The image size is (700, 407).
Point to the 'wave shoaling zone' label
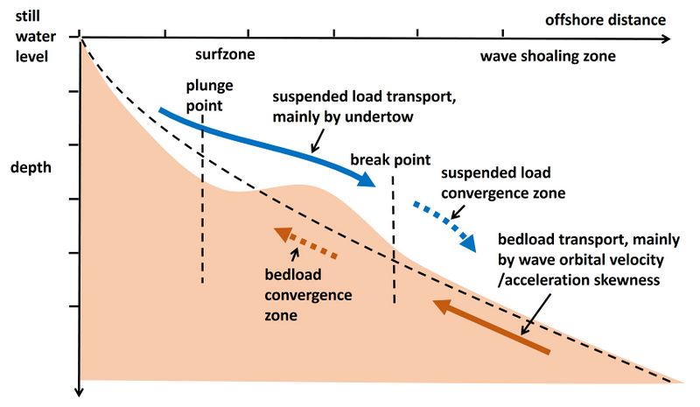coord(548,56)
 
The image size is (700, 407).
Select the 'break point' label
coord(390,160)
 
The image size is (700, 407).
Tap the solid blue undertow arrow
coord(262,140)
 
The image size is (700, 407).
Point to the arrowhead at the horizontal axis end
coord(666,39)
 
